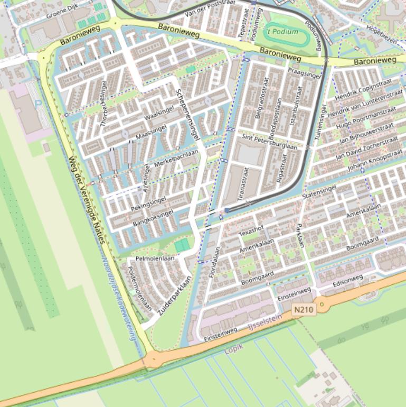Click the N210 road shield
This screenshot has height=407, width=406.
point(304,309)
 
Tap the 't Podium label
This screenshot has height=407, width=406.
point(283,31)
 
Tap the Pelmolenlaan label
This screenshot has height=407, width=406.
point(155,258)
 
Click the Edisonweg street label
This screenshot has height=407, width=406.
point(347,281)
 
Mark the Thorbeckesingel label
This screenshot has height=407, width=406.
point(103,104)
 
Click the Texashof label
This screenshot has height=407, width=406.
point(251,231)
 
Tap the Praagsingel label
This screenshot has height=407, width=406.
point(304,72)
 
